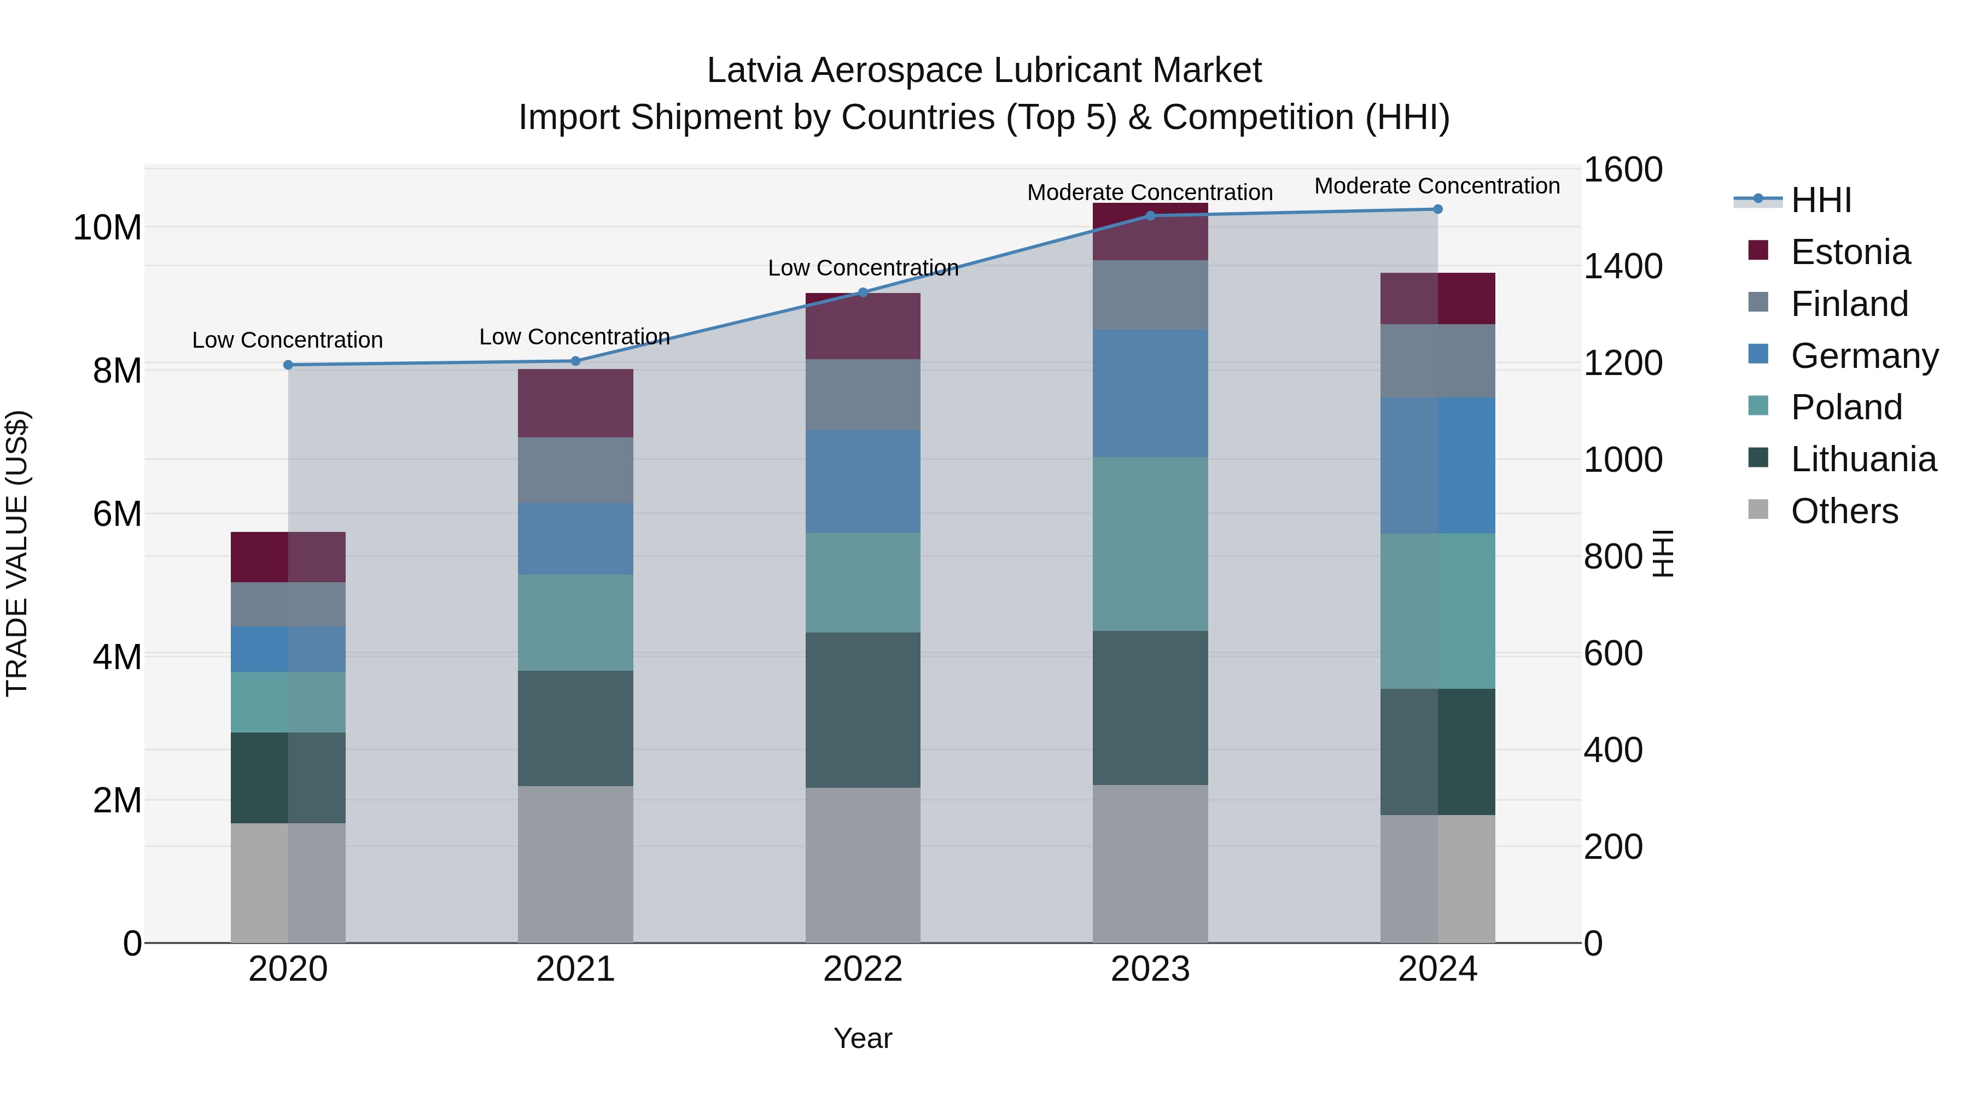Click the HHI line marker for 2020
(288, 365)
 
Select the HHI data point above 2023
(1150, 216)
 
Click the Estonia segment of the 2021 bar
(575, 403)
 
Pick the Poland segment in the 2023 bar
(1150, 544)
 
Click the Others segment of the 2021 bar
(575, 864)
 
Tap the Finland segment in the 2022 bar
(863, 395)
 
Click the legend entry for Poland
(1846, 407)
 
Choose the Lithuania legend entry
(1863, 459)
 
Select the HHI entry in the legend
(1821, 200)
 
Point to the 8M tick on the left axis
(117, 371)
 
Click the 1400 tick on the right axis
(1622, 267)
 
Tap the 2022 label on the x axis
(863, 969)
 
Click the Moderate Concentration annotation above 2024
(1437, 186)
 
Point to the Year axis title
(863, 1038)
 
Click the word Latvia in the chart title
(754, 71)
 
